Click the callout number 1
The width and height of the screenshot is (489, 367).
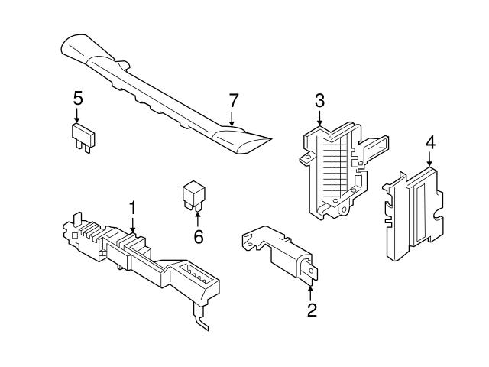coord(132,207)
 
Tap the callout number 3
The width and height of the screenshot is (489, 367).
coord(319,100)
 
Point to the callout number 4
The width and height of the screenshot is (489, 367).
coord(430,142)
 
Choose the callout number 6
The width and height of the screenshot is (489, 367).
coord(198,237)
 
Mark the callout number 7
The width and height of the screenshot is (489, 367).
coord(234,100)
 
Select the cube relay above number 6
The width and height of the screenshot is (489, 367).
coord(193,195)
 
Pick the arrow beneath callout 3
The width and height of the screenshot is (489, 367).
coord(319,118)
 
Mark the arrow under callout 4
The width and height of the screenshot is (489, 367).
coord(430,160)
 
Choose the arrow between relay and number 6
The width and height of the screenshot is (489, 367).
coord(197,220)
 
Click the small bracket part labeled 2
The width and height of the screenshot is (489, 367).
coord(283,252)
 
